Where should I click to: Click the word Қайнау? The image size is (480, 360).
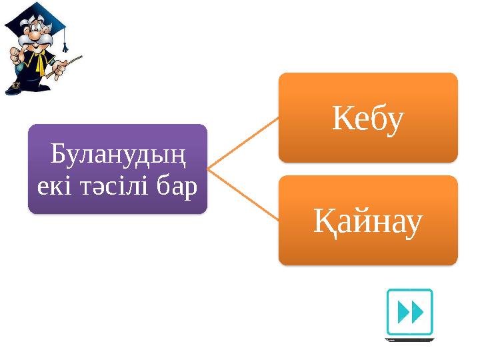click(x=368, y=225)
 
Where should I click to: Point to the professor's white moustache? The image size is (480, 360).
click(x=37, y=41)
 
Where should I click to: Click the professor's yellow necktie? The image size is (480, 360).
click(x=41, y=63)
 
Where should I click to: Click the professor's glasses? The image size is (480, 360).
click(x=33, y=30)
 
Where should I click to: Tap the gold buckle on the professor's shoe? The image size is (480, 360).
click(x=15, y=85)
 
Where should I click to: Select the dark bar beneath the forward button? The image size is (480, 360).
click(x=409, y=339)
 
